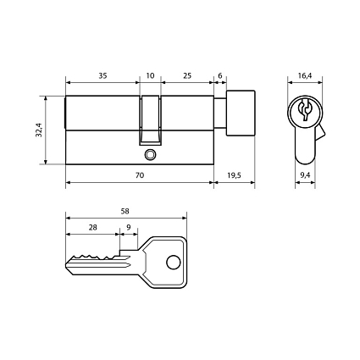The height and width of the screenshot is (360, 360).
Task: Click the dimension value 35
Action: [102, 76]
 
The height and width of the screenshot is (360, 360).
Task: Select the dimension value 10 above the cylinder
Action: [151, 76]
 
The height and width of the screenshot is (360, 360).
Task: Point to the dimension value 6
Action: [219, 76]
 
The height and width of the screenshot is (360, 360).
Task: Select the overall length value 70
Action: [139, 174]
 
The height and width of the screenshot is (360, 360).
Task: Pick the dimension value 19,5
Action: [234, 174]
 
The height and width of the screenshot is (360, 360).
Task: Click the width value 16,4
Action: [305, 76]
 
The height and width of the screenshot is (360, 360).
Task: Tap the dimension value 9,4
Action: [305, 174]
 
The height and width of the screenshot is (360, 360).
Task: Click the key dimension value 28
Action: [92, 229]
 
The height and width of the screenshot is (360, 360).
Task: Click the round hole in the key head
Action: [174, 262]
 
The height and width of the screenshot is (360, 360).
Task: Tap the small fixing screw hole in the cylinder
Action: [150, 155]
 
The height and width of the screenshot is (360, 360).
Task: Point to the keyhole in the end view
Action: [305, 110]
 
